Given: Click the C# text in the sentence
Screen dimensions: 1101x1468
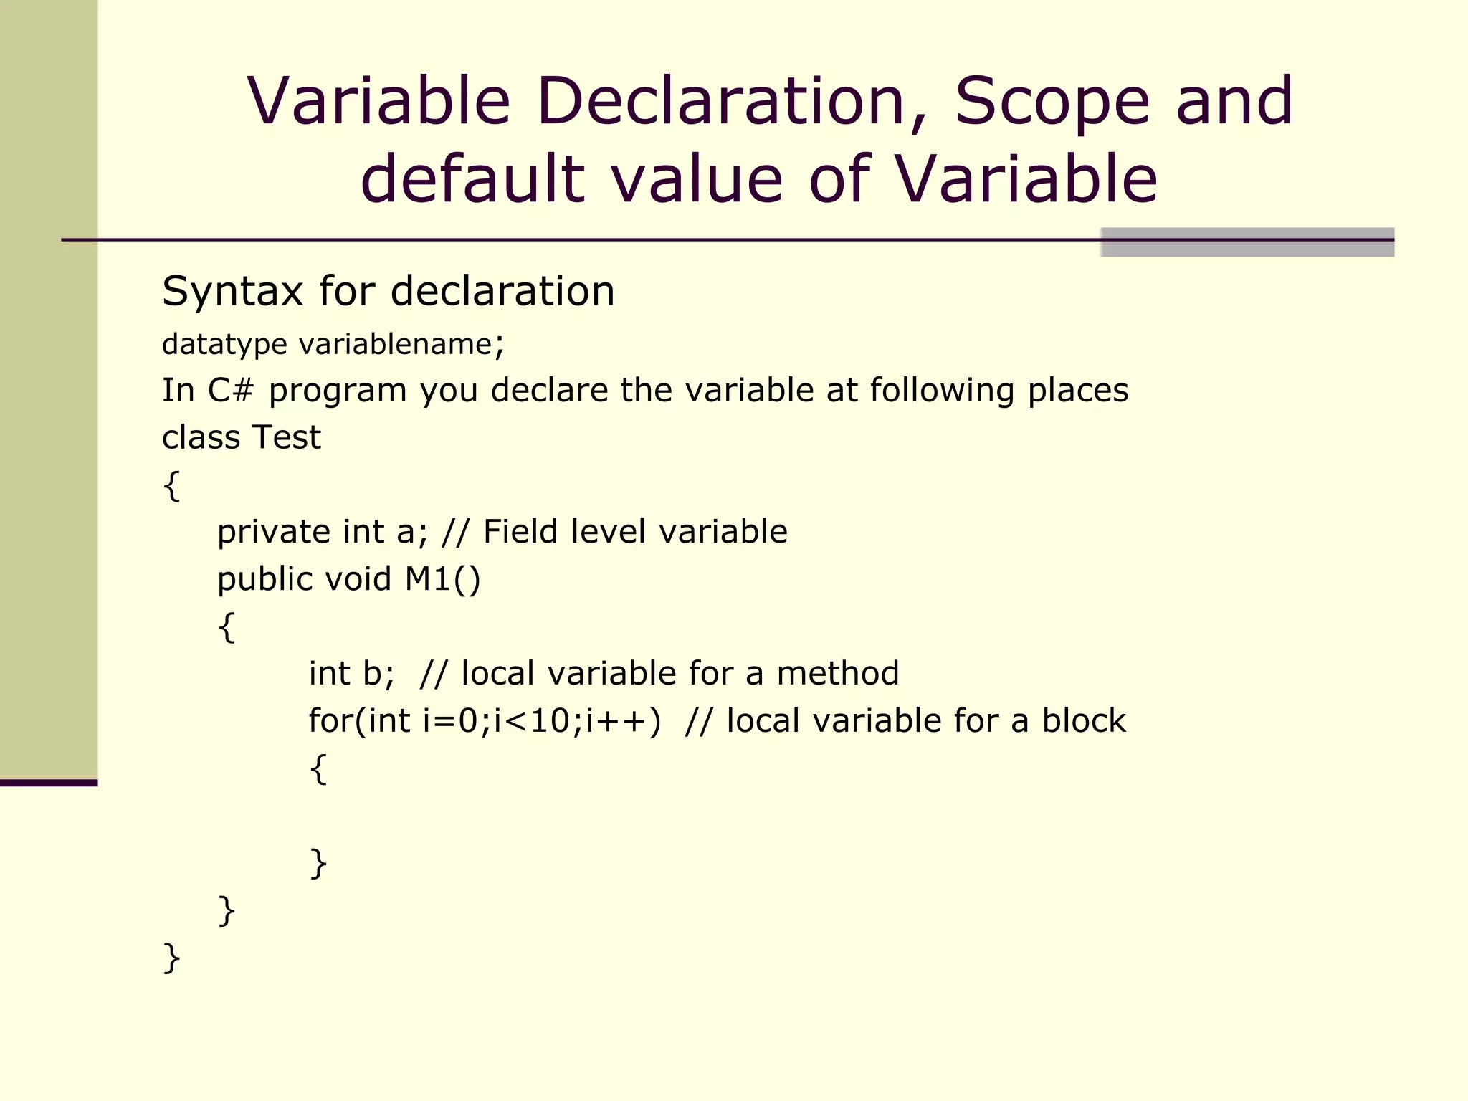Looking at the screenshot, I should [x=230, y=391].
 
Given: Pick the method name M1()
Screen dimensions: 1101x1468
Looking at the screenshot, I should [x=442, y=579].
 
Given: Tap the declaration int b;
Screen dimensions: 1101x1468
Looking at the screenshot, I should [x=351, y=674].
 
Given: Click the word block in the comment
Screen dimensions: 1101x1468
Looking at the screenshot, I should [x=1083, y=721].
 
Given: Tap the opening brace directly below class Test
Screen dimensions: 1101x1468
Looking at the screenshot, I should [x=171, y=486].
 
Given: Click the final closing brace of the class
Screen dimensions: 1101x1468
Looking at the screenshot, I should [x=171, y=958].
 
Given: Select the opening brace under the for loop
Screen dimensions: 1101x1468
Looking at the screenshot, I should [x=318, y=769].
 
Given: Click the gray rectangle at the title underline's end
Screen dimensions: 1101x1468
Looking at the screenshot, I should [x=1247, y=242].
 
